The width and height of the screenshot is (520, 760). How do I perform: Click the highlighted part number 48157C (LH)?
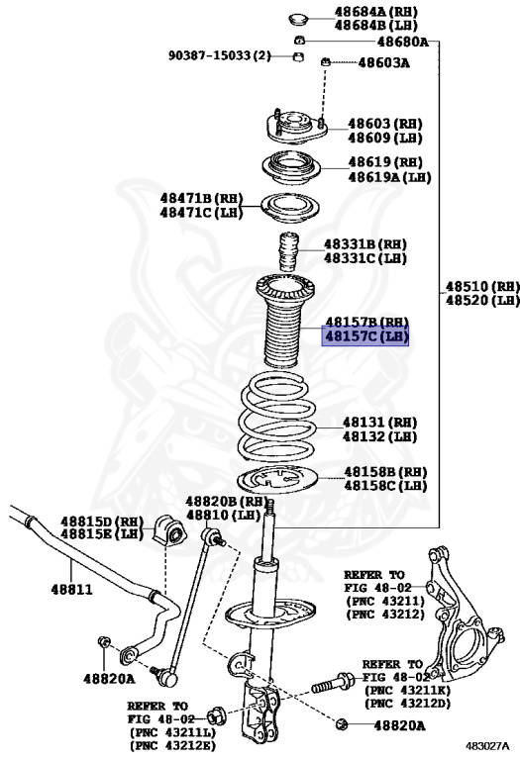coord(366,337)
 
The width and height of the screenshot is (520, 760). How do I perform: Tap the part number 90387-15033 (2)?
coord(218,55)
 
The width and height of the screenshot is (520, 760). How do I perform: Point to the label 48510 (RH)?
coord(481,285)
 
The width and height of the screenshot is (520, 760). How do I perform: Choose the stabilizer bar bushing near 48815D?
coord(170,532)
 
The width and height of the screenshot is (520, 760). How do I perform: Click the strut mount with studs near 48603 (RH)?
coord(293,129)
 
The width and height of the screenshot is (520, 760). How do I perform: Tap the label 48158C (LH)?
coord(385,486)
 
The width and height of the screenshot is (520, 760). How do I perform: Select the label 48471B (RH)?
coord(201,198)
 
